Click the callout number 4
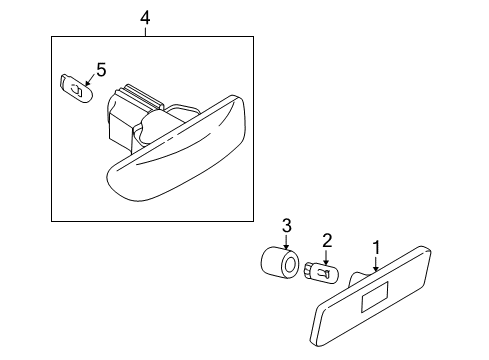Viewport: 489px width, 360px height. click(145, 18)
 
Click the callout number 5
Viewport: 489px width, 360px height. click(101, 70)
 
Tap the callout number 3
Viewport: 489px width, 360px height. click(286, 226)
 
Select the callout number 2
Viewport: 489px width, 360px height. click(327, 240)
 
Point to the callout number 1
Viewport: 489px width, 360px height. click(376, 248)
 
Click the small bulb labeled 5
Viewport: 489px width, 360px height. click(76, 88)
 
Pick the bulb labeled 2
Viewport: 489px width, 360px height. click(321, 271)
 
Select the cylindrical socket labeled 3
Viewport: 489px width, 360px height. click(279, 262)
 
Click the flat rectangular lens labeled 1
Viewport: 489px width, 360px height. click(370, 296)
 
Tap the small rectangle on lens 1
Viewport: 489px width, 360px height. click(375, 297)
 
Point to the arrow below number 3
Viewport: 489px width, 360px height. click(286, 242)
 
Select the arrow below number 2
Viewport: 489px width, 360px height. click(326, 258)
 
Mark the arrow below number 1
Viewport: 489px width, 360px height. click(376, 264)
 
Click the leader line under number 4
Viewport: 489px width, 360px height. click(146, 32)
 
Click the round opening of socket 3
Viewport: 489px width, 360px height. click(289, 266)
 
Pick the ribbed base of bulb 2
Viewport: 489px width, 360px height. click(308, 269)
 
